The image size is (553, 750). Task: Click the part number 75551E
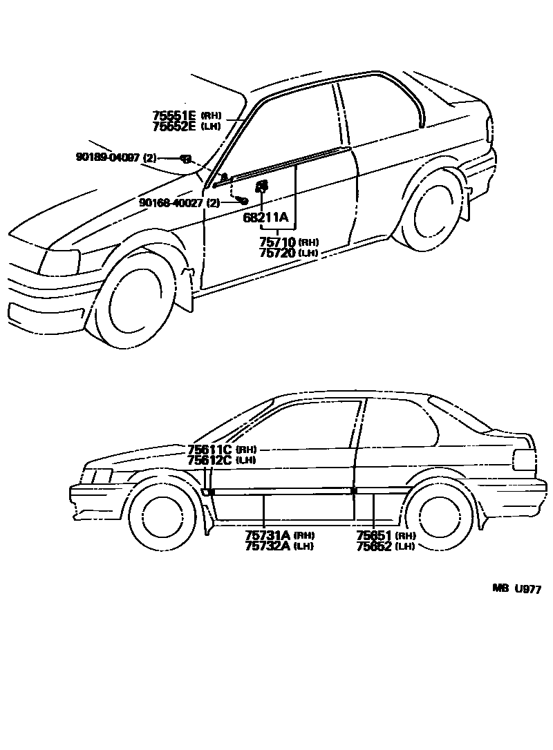tap(175, 116)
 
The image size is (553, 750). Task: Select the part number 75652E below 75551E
tap(175, 126)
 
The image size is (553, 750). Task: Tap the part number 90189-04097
tap(107, 158)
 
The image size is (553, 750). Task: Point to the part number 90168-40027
tap(170, 202)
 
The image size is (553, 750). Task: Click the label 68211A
tap(265, 218)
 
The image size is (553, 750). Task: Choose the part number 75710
tap(277, 242)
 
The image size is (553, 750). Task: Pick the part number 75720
tap(277, 253)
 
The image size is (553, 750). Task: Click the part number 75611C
tap(209, 450)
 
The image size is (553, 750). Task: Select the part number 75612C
tap(209, 460)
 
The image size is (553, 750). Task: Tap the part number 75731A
tap(268, 535)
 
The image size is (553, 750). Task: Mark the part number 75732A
tap(268, 546)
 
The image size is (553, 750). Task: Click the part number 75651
tap(374, 535)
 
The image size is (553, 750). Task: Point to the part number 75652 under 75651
tap(374, 546)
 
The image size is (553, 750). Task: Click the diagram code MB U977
tap(516, 589)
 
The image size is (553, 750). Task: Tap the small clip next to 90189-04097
tap(186, 159)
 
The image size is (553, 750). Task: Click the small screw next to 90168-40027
tap(242, 200)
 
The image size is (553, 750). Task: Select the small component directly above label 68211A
tap(262, 186)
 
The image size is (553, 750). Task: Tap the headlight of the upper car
tap(60, 262)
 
